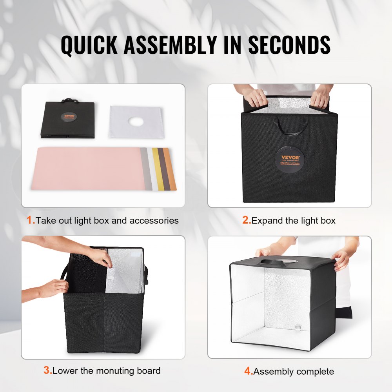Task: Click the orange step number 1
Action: point(31,220)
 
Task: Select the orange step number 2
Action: point(246,220)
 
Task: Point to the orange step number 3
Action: point(47,370)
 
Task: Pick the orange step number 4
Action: point(249,371)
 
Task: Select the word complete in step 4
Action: point(315,372)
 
